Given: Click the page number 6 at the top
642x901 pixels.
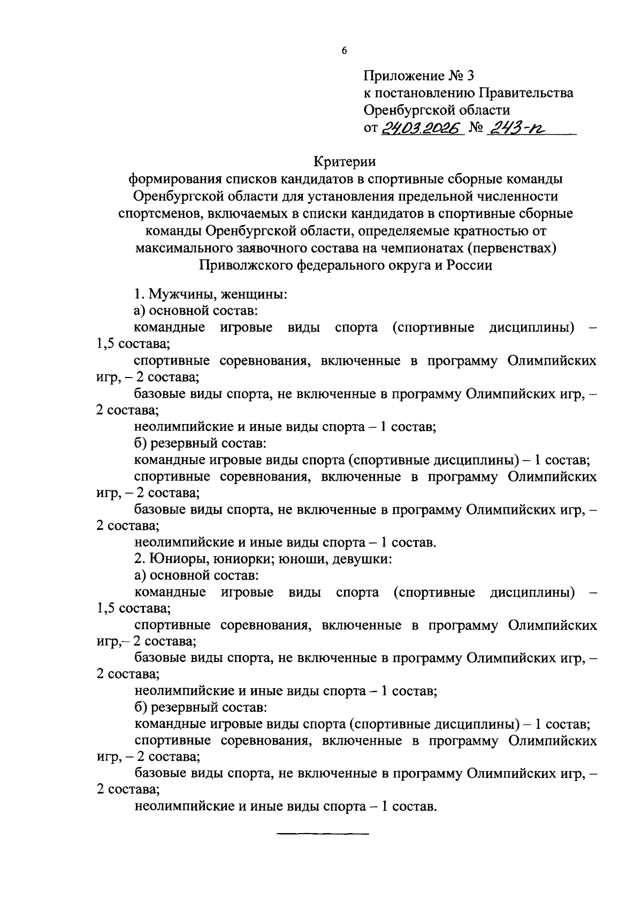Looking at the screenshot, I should [x=344, y=51].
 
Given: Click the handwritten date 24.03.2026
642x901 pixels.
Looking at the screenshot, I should [x=422, y=129].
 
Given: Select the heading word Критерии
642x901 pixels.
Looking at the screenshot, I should [x=345, y=161].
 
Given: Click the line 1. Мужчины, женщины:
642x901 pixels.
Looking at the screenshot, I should [x=211, y=294].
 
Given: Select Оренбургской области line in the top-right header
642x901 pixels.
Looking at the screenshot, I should [x=437, y=111].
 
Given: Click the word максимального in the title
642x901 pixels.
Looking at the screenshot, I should [x=184, y=249].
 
